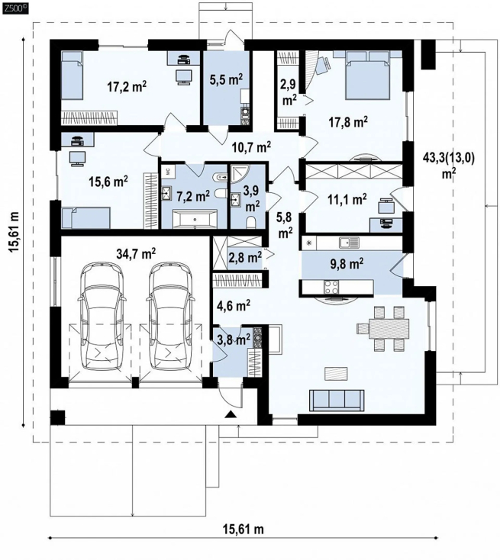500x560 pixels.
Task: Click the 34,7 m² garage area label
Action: tap(136, 253)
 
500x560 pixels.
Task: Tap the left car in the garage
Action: tap(102, 317)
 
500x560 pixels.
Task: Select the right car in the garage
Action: tap(171, 317)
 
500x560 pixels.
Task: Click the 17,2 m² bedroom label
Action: tap(127, 86)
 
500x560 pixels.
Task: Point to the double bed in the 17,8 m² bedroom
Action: tap(366, 75)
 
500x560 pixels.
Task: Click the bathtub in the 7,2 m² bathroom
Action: tap(195, 218)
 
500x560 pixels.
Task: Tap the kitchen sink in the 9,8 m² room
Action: tap(349, 243)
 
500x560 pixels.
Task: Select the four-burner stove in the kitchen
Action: tap(331, 287)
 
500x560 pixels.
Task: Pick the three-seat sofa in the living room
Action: tap(337, 400)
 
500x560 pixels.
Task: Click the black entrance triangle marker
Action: tap(231, 414)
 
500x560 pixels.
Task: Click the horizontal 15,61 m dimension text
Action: tap(244, 529)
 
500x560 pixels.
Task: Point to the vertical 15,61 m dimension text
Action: tap(15, 232)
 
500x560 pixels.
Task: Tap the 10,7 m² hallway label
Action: tap(251, 146)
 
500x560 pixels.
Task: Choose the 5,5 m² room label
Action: tap(227, 79)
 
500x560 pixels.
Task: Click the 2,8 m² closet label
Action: tap(245, 256)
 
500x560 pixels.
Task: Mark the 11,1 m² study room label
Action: tap(347, 199)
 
